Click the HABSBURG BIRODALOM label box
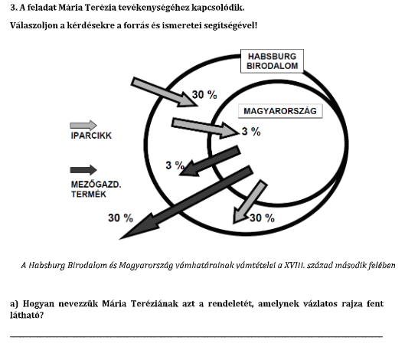tap(272, 61)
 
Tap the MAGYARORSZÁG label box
tap(280, 111)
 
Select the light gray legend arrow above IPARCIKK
tap(83, 126)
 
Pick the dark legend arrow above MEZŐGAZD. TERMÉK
tap(83, 170)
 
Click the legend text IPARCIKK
tap(91, 136)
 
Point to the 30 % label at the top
tap(204, 95)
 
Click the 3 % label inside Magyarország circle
tap(251, 132)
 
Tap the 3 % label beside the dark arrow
tap(175, 165)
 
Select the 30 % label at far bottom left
tap(120, 218)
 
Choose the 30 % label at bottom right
tap(262, 218)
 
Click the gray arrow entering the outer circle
tap(164, 92)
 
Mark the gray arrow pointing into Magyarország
tap(206, 128)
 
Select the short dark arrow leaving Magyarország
tap(210, 161)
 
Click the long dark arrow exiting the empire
tap(186, 202)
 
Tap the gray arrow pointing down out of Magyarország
tap(250, 202)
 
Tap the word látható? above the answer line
tap(27, 316)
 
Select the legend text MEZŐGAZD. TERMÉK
tap(96, 189)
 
